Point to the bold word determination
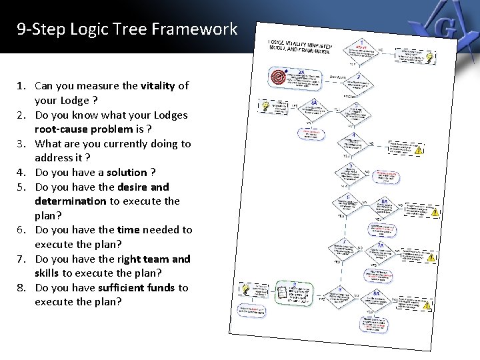(x=71, y=201)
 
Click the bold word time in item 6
(x=128, y=229)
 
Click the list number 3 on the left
(x=21, y=143)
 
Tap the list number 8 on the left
(x=21, y=287)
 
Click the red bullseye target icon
(x=279, y=77)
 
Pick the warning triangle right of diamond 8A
(x=427, y=305)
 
